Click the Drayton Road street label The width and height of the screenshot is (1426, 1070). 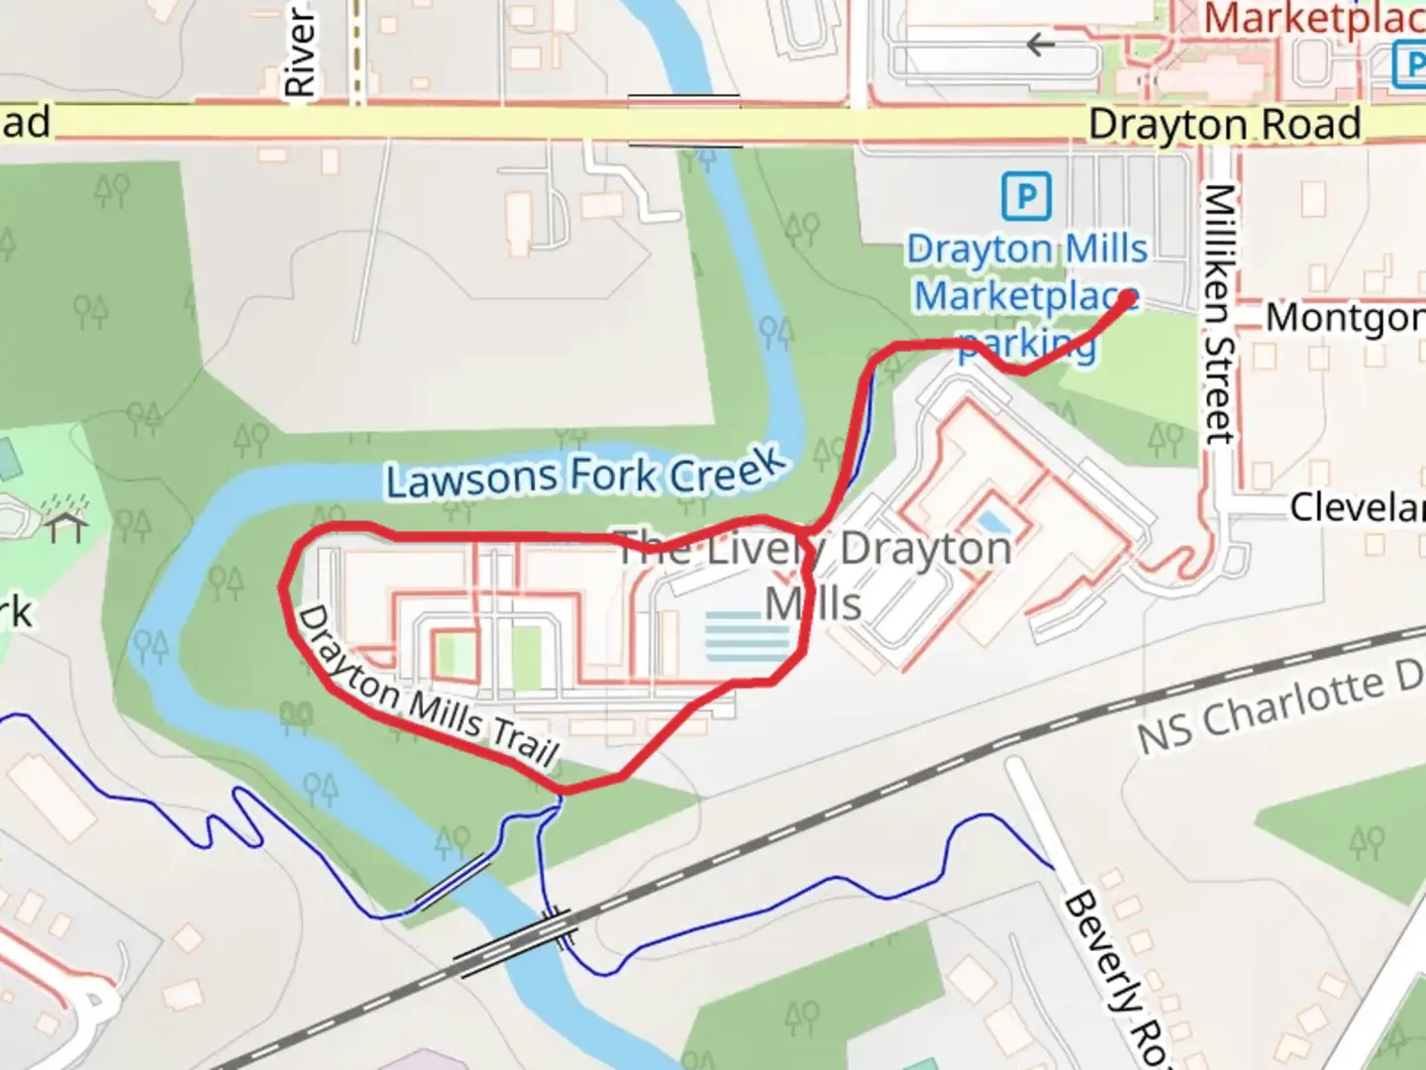tap(1224, 125)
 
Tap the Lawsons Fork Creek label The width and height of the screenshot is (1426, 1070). tap(585, 474)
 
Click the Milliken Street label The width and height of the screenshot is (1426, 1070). tap(1219, 313)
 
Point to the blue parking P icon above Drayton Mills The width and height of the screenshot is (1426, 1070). tap(1025, 196)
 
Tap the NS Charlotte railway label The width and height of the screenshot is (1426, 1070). tap(1277, 708)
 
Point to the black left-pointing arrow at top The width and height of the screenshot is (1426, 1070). tap(1040, 45)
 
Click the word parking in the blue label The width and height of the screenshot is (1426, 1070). tap(1028, 345)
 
